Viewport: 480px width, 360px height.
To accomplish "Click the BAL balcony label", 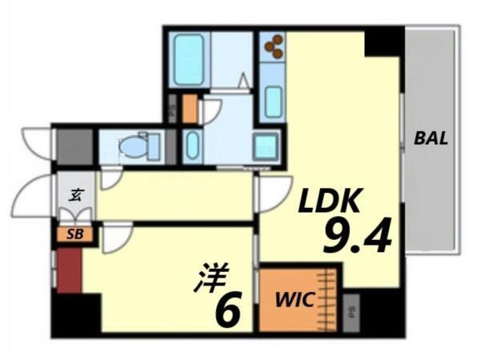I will click(431, 138).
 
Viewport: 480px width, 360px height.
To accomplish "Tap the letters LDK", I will click(331, 202).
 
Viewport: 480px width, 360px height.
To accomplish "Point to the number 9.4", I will click(357, 236).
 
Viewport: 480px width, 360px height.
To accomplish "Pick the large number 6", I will click(228, 310).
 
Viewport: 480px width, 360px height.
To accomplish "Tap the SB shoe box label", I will click(74, 235).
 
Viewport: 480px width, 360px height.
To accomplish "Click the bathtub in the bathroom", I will click(190, 58).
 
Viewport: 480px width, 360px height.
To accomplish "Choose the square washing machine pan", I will click(266, 147).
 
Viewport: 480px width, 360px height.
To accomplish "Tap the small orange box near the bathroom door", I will click(190, 109).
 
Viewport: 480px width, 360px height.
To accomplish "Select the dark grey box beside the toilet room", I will click(74, 146).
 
